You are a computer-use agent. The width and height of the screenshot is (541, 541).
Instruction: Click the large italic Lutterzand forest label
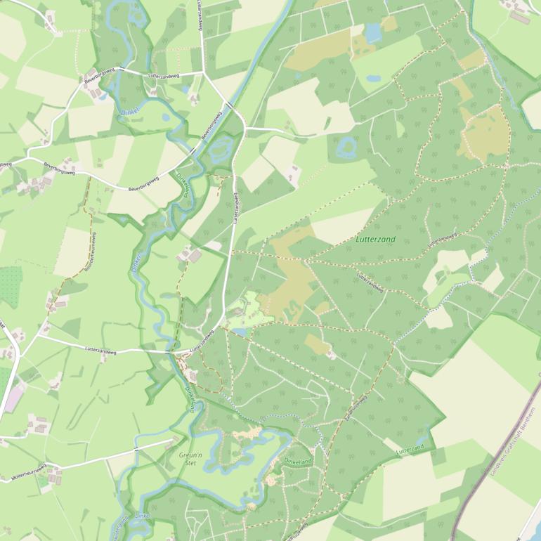(x=376, y=240)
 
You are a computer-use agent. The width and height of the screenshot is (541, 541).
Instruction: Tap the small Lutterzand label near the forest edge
(x=410, y=448)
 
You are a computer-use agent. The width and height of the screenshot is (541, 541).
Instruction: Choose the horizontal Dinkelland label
(x=298, y=460)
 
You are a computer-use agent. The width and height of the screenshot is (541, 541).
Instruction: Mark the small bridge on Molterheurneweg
(x=136, y=447)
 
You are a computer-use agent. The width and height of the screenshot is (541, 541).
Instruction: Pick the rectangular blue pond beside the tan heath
(x=372, y=32)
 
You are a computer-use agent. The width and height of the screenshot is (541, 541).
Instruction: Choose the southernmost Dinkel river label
(x=142, y=516)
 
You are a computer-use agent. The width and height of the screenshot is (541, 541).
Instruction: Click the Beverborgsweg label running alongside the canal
(x=212, y=126)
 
